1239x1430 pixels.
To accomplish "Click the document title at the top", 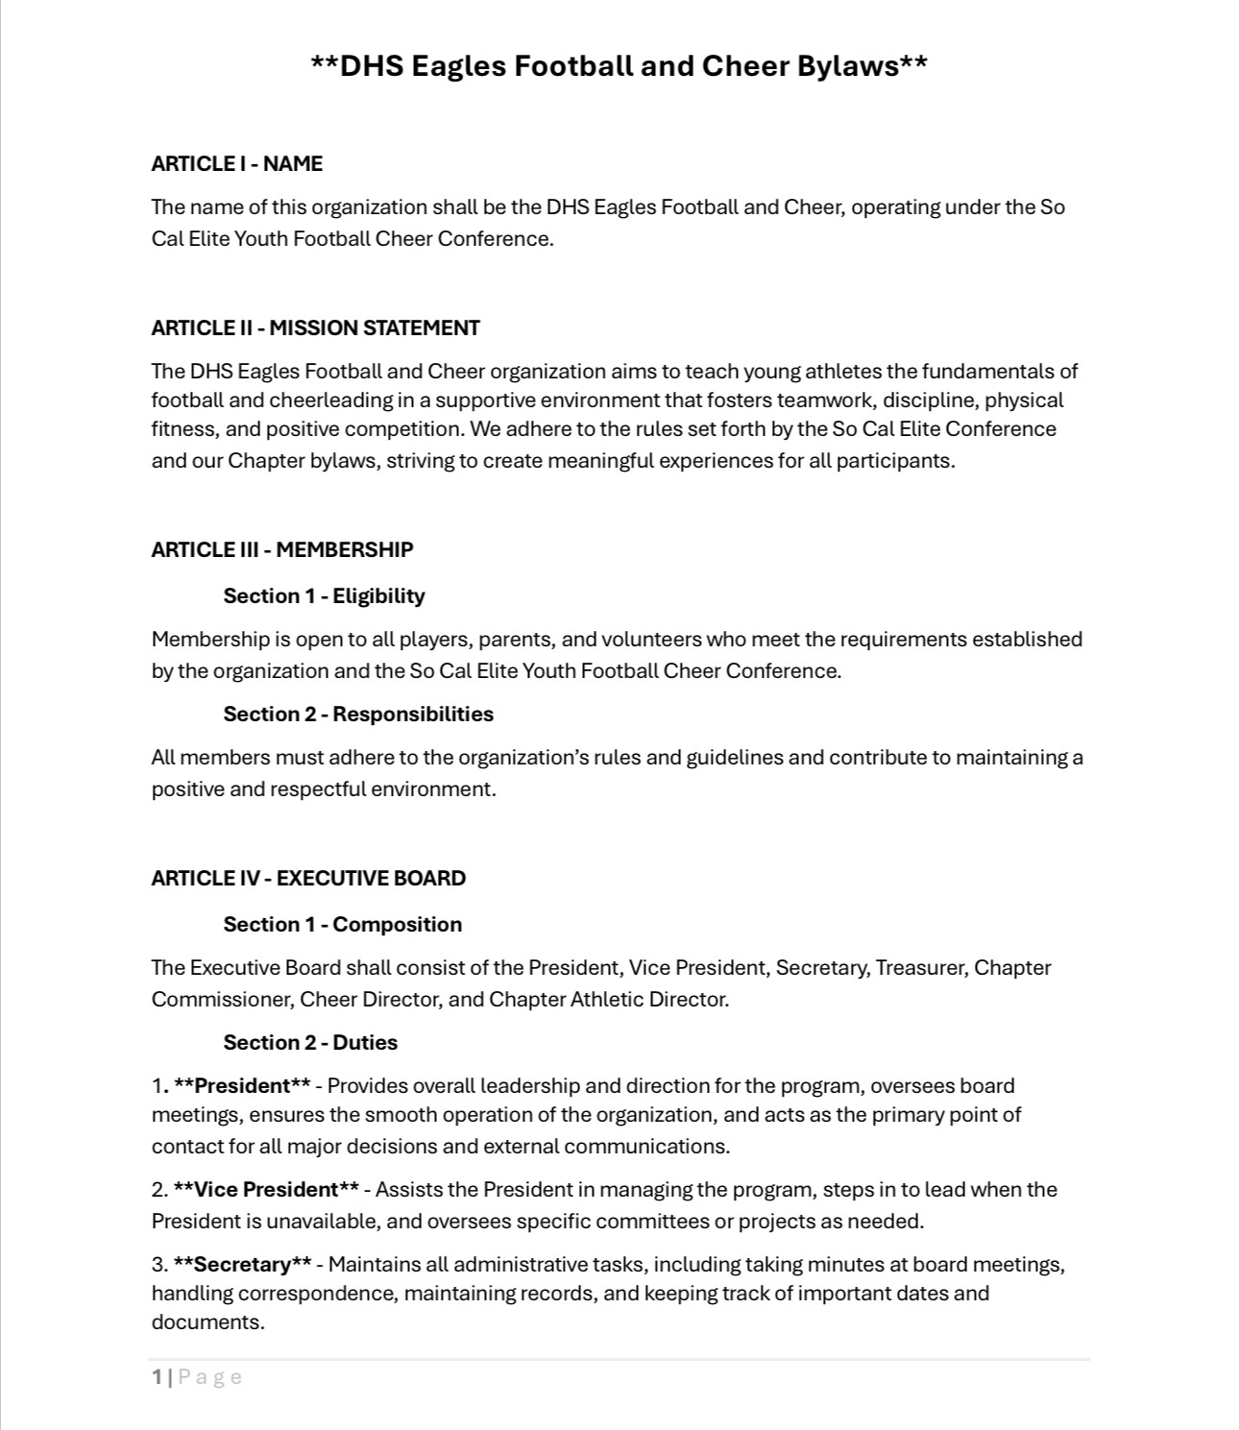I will [x=619, y=66].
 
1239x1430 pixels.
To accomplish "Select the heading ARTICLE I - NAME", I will [x=236, y=164].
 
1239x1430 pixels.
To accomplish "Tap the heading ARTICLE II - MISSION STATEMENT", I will [x=315, y=328].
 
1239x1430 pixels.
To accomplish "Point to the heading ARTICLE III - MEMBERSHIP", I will [x=281, y=550].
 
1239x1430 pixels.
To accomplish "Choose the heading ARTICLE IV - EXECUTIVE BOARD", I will [x=307, y=879].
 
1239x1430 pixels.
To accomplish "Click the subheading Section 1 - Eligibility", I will [x=324, y=596].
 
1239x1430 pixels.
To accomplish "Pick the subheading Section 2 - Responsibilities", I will [x=358, y=715].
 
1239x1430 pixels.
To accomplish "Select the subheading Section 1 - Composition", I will [x=342, y=925].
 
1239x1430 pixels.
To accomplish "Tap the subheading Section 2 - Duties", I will [x=310, y=1043].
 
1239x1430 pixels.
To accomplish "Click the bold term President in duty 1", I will [x=242, y=1086].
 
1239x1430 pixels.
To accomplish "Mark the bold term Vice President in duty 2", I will [x=266, y=1190].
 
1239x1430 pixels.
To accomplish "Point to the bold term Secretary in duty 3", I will [x=242, y=1265].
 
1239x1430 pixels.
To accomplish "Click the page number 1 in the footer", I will [x=157, y=1377].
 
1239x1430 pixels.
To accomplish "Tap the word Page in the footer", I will [x=209, y=1377].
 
